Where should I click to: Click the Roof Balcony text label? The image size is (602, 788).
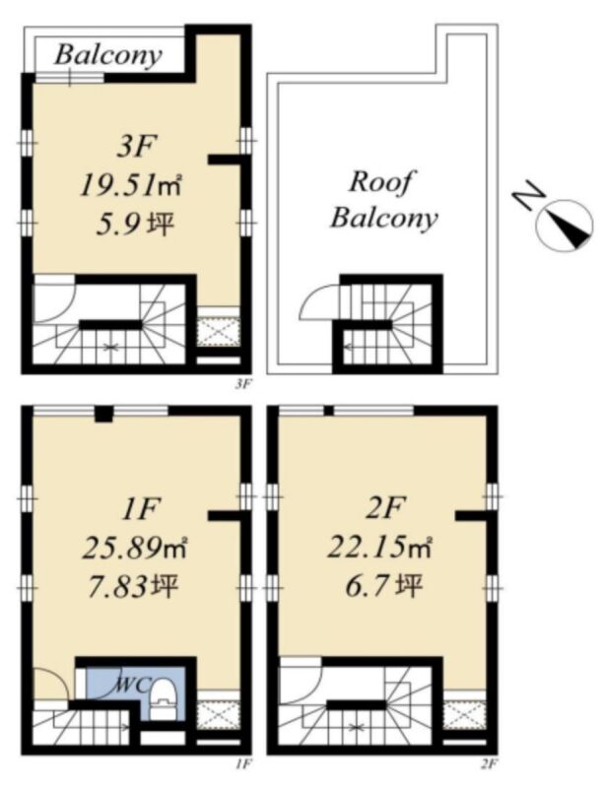[x=384, y=200]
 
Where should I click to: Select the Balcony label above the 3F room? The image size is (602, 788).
[x=108, y=54]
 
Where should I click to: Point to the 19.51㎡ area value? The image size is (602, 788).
[x=131, y=187]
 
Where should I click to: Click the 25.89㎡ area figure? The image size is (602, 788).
[x=135, y=548]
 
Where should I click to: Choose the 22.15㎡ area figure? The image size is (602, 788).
[x=380, y=547]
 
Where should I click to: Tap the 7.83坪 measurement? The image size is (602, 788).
[x=133, y=586]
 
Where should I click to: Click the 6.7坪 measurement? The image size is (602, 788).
[x=383, y=586]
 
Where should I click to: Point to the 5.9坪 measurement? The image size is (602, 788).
[x=135, y=226]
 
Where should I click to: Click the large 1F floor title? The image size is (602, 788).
[x=140, y=508]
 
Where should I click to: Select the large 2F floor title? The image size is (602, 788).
[x=384, y=508]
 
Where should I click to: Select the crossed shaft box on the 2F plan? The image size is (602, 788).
[x=464, y=715]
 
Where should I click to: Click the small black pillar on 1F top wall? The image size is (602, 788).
[x=103, y=414]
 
